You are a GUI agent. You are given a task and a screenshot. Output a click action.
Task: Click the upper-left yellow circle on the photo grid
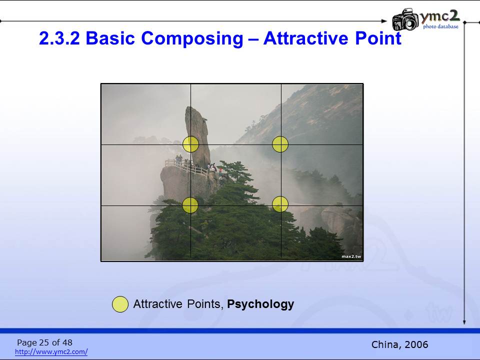tap(190, 144)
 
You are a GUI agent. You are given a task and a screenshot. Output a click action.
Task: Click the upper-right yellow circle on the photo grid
tap(280, 144)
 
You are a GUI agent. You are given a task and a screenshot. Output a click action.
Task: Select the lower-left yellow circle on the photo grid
tap(190, 205)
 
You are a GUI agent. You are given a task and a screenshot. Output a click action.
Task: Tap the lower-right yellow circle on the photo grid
tap(280, 204)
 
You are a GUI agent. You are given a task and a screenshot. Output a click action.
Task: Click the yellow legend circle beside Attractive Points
tap(120, 304)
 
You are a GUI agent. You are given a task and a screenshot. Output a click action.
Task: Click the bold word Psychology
tap(260, 304)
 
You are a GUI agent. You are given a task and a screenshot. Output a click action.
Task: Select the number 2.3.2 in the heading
tap(59, 38)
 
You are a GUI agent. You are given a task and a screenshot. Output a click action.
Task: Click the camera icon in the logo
tap(405, 19)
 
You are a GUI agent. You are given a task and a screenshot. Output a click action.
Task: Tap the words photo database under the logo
tap(441, 26)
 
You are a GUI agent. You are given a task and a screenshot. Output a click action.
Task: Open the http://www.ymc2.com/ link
tap(51, 351)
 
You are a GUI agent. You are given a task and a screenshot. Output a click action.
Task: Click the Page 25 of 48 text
tap(44, 342)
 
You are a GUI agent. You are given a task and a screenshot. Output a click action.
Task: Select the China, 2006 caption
tap(399, 344)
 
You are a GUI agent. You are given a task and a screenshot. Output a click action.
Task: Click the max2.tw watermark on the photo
tap(351, 256)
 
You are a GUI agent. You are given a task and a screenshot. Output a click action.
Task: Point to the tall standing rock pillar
tap(197, 136)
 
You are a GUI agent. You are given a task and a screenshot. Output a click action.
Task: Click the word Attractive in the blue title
tap(306, 38)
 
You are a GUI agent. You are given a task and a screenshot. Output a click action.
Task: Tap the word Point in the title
tap(378, 38)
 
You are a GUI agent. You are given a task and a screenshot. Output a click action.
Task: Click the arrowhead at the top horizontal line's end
tap(384, 21)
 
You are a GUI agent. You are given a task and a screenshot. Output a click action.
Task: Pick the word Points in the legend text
tap(204, 304)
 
